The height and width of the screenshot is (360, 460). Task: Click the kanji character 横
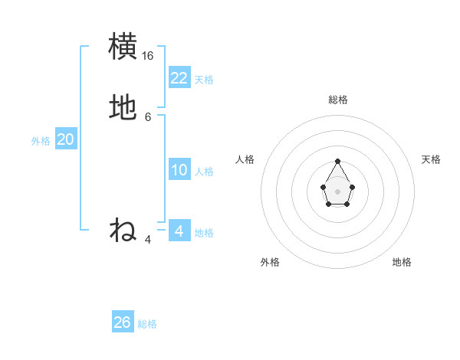click(123, 46)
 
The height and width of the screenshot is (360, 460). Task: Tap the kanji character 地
click(123, 108)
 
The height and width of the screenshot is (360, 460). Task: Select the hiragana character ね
click(123, 230)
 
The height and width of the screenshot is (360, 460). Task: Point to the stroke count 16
click(148, 56)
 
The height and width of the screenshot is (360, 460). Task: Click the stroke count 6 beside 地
click(148, 117)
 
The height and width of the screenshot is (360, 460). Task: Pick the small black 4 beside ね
click(148, 240)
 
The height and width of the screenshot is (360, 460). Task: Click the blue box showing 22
click(179, 78)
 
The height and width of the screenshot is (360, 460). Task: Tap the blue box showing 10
click(179, 170)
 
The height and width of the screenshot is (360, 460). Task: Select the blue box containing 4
click(179, 231)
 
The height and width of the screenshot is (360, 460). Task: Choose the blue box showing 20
click(66, 139)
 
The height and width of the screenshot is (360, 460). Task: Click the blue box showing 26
click(123, 322)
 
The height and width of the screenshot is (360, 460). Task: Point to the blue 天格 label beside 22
click(204, 80)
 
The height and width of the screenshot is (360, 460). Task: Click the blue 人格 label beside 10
click(205, 172)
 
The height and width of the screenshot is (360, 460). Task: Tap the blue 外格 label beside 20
click(41, 141)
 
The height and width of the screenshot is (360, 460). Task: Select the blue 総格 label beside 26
click(147, 324)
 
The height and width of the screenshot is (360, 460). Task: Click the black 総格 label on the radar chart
click(338, 100)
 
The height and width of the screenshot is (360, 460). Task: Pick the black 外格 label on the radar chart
click(270, 262)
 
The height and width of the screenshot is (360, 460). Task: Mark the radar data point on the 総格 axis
click(337, 161)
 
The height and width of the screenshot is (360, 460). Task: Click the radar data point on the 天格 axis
click(352, 187)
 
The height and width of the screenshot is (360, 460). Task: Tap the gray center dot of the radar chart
click(337, 191)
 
